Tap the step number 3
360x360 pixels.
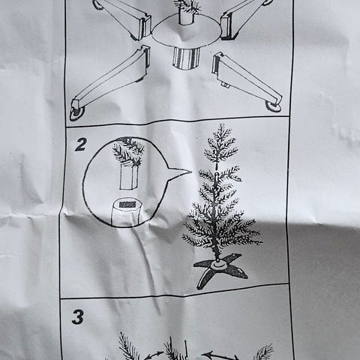[78, 317]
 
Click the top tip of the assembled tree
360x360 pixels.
[220, 127]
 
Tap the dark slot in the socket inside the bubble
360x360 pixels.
[127, 204]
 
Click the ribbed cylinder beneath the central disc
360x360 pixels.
[184, 58]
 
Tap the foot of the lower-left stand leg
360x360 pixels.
[77, 112]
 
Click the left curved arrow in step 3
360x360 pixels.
[154, 355]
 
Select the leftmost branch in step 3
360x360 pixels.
[128, 348]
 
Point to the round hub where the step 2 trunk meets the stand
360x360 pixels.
[218, 264]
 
